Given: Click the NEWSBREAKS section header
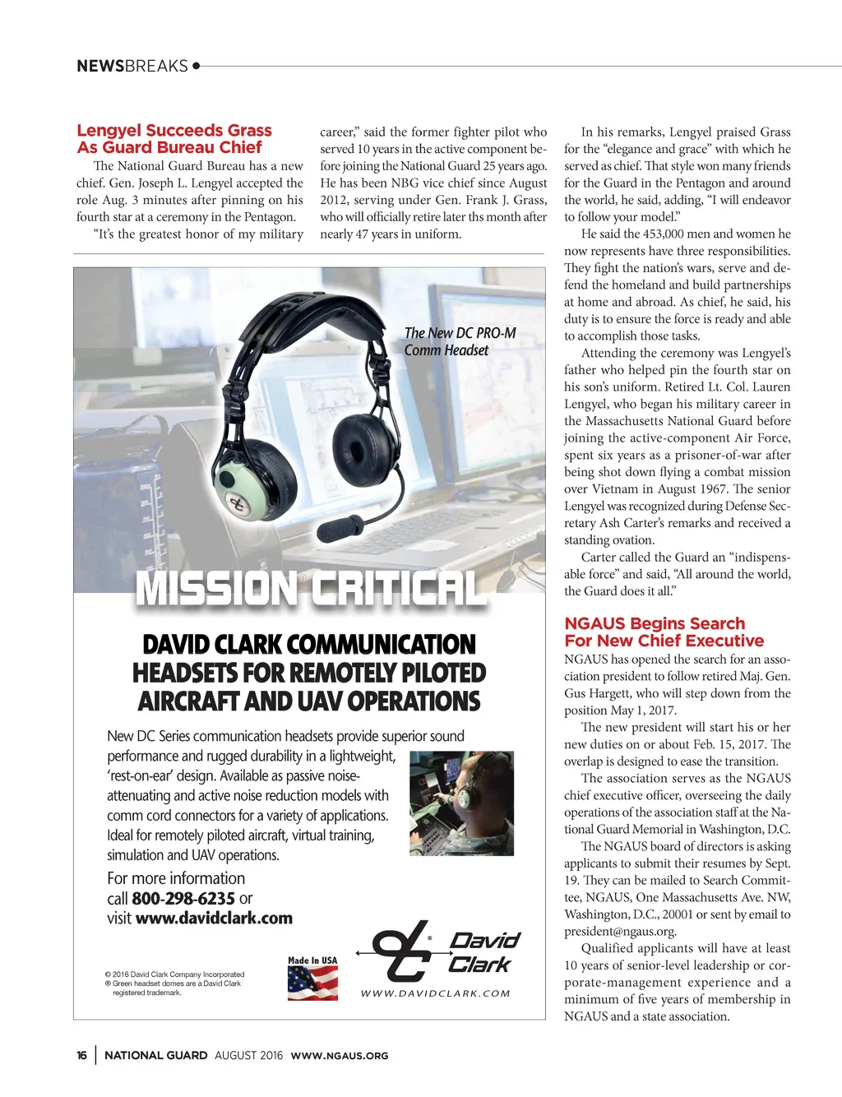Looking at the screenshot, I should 132,66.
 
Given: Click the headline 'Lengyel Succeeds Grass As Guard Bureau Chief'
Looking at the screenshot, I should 173,139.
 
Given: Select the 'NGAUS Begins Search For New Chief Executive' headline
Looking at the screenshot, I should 664,632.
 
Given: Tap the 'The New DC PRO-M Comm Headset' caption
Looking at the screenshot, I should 460,341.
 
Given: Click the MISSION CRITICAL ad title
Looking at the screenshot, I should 310,590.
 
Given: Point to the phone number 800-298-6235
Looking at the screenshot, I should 183,898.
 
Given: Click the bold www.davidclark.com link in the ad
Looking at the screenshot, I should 214,918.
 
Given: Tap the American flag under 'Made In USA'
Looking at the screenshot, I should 312,982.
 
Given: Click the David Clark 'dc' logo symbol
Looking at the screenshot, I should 402,951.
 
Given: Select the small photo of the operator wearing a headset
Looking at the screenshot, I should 460,803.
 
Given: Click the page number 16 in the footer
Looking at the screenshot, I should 81,1055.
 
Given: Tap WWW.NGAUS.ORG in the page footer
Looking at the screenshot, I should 339,1055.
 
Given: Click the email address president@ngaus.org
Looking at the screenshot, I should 620,931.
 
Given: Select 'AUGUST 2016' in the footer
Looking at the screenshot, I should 248,1055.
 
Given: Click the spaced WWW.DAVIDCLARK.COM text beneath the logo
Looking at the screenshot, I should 435,993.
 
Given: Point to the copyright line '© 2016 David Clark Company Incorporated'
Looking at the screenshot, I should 174,974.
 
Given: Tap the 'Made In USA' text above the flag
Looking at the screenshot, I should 312,960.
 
